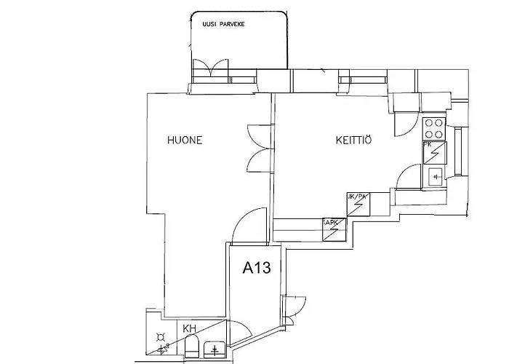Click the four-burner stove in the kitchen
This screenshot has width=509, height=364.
click(x=434, y=128)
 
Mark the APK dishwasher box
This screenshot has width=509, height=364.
click(x=334, y=229)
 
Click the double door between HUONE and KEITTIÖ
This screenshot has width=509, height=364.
click(x=257, y=146)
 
